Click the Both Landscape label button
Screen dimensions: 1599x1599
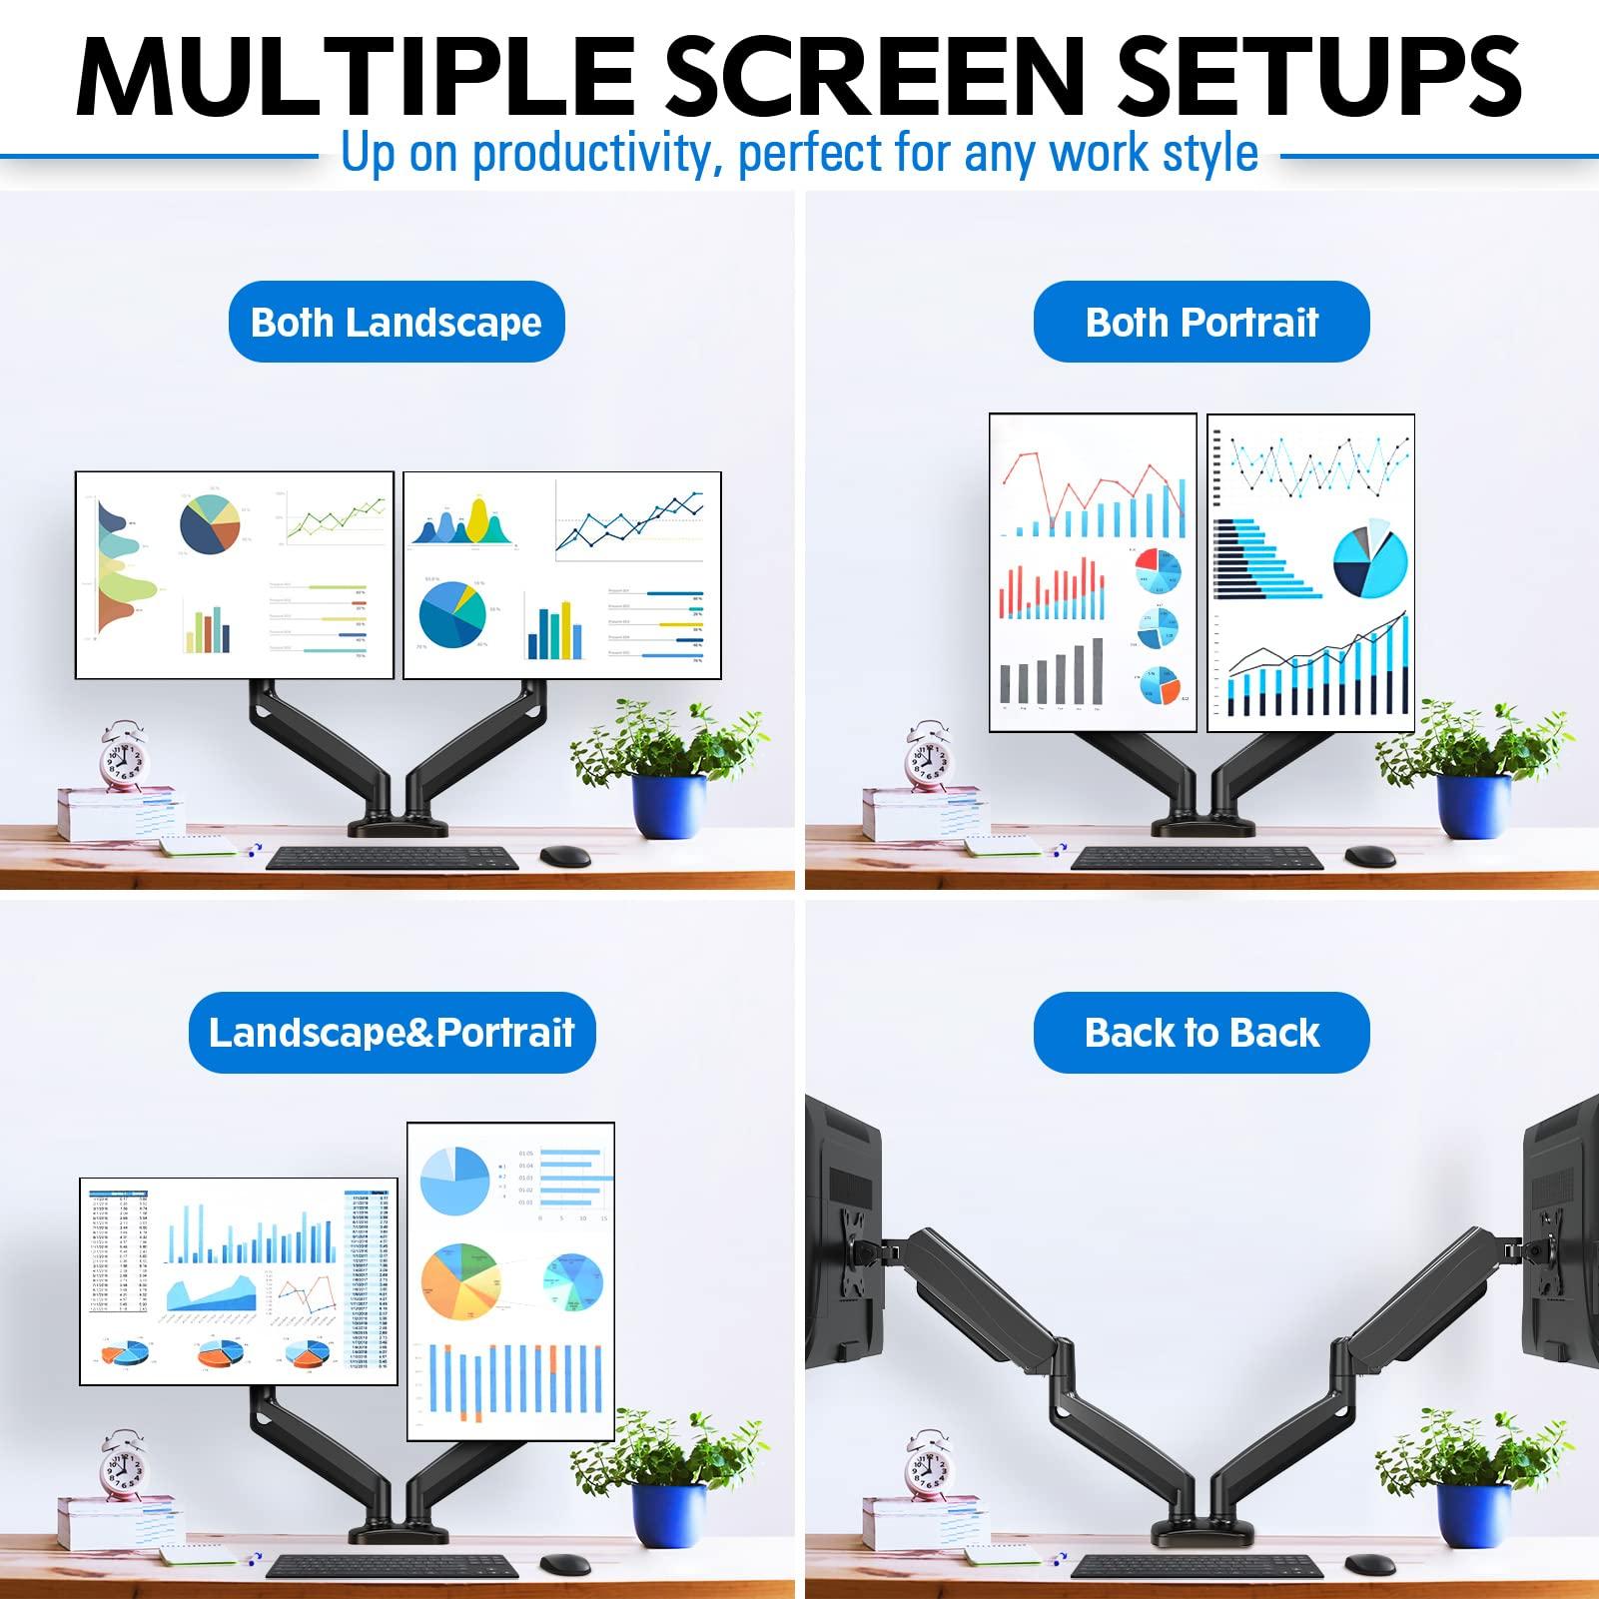[x=397, y=322]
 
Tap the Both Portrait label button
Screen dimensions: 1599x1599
[x=1201, y=322]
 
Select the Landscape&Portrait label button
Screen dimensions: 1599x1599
[x=392, y=1033]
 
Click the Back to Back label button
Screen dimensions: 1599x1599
[x=1201, y=1033]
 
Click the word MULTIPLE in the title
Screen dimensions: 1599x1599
[x=355, y=78]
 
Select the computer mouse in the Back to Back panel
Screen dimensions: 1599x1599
[x=1369, y=1564]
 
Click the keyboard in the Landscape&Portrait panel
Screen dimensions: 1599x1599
[x=392, y=1567]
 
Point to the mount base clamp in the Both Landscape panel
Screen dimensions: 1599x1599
[x=398, y=825]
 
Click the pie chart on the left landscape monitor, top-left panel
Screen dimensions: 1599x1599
[x=210, y=524]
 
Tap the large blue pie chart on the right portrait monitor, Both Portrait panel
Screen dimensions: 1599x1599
[x=1369, y=561]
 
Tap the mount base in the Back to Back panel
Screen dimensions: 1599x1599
[x=1201, y=1532]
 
